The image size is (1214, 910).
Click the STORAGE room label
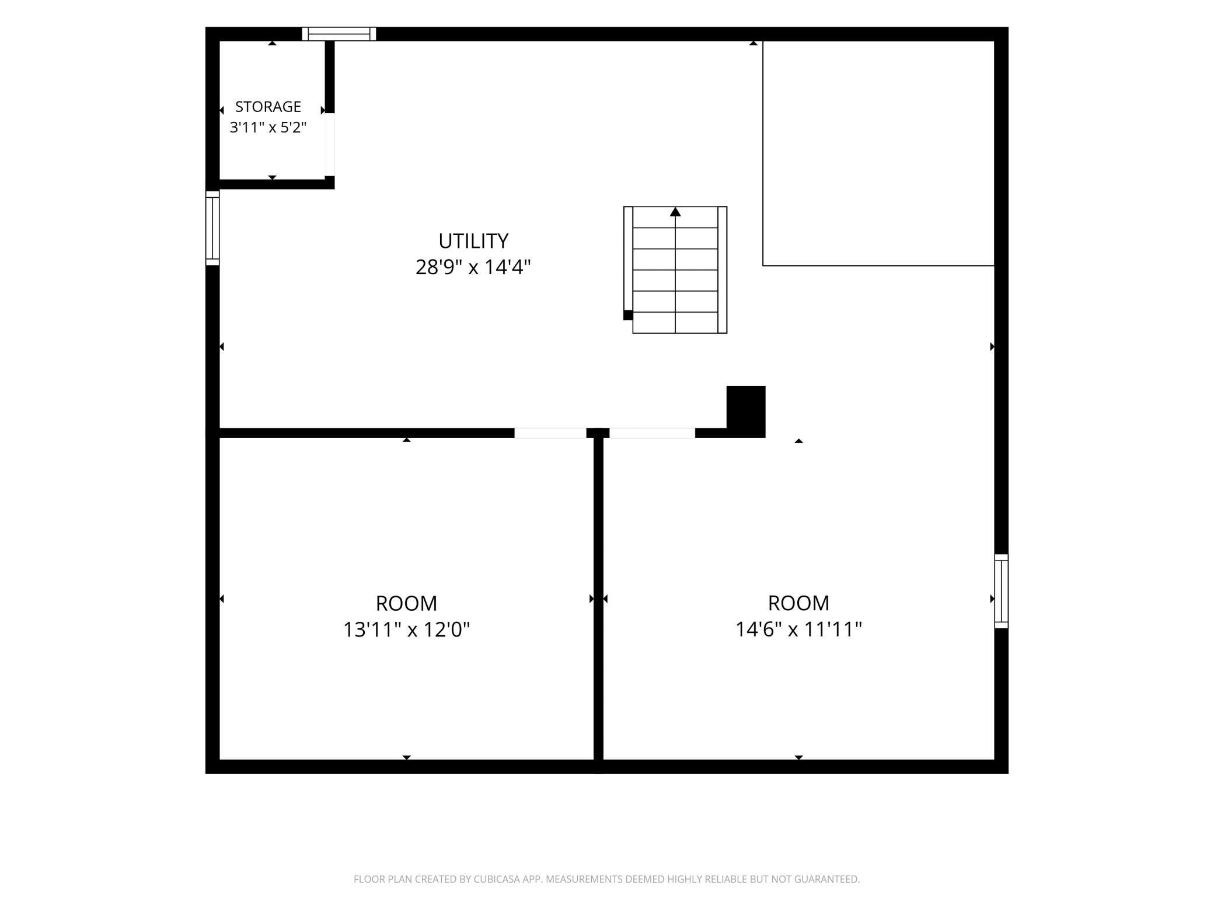[x=268, y=107]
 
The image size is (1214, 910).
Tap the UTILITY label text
[x=473, y=241]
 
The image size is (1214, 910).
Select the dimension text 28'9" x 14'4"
[x=473, y=267]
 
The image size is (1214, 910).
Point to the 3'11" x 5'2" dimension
[x=268, y=127]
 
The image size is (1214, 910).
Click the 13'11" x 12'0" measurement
[x=406, y=630]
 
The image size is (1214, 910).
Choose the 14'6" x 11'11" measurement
[x=798, y=630]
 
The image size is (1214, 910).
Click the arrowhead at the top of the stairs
[x=675, y=212]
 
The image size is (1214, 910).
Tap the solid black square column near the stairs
[x=746, y=411]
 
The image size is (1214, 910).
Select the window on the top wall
[x=339, y=34]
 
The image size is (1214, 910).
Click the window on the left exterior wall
[x=212, y=228]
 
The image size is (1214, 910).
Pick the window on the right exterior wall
[x=1002, y=591]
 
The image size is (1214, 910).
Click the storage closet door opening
[x=330, y=145]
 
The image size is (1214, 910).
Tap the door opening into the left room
[x=550, y=433]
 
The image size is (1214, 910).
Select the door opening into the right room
[x=652, y=433]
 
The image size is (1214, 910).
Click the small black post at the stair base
[x=628, y=315]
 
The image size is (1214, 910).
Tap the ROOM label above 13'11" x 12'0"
[x=406, y=603]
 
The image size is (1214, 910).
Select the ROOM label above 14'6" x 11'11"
[x=798, y=603]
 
